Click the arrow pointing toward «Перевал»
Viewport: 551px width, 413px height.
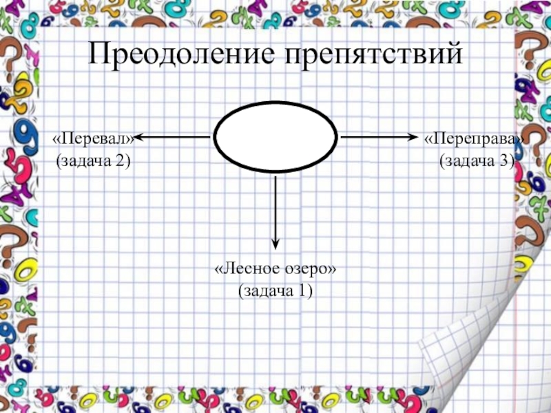[x=172, y=137]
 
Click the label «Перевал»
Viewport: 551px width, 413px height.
[x=93, y=138]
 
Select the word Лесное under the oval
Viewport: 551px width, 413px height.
[x=246, y=269]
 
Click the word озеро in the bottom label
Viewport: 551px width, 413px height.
[x=307, y=269]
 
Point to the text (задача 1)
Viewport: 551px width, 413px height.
[x=275, y=291]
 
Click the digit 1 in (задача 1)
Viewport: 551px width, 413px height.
[x=302, y=291]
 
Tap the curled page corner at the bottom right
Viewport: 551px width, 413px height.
[x=482, y=344]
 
